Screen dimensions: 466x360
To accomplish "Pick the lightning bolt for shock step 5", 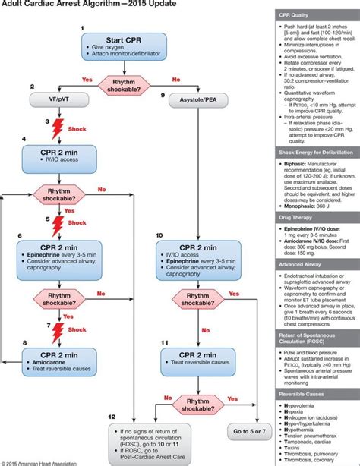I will [x=55, y=225].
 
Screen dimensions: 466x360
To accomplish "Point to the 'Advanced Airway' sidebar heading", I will [x=302, y=264].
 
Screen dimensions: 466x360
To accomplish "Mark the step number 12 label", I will [x=112, y=417].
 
